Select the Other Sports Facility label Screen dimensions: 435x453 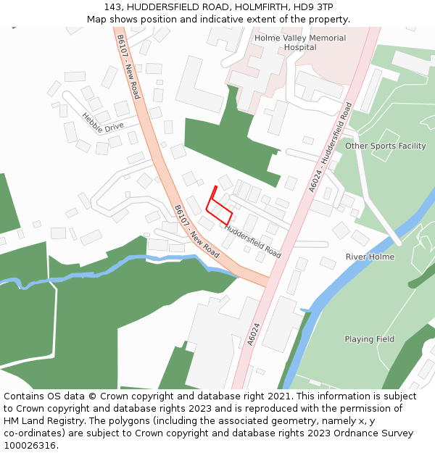[385, 146]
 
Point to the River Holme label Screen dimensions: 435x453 [370, 257]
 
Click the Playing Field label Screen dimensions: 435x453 [369, 339]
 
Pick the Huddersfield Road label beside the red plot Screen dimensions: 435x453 [252, 241]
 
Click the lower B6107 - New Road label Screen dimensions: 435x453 [196, 231]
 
